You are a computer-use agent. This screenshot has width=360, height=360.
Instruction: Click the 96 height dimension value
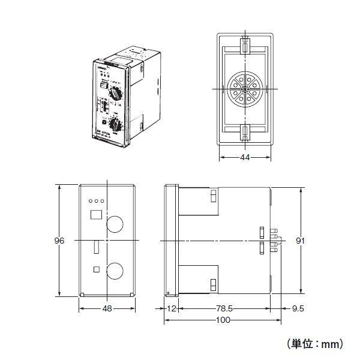click(x=59, y=241)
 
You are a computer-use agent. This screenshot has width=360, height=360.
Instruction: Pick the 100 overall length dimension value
click(x=222, y=322)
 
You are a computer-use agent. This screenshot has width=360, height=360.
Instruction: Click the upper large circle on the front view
click(x=115, y=223)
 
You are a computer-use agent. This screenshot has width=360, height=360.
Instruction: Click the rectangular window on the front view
click(x=95, y=214)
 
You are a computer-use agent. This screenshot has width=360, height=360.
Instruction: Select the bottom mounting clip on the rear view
click(x=245, y=132)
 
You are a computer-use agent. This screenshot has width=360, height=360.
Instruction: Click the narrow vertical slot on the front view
click(x=96, y=247)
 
